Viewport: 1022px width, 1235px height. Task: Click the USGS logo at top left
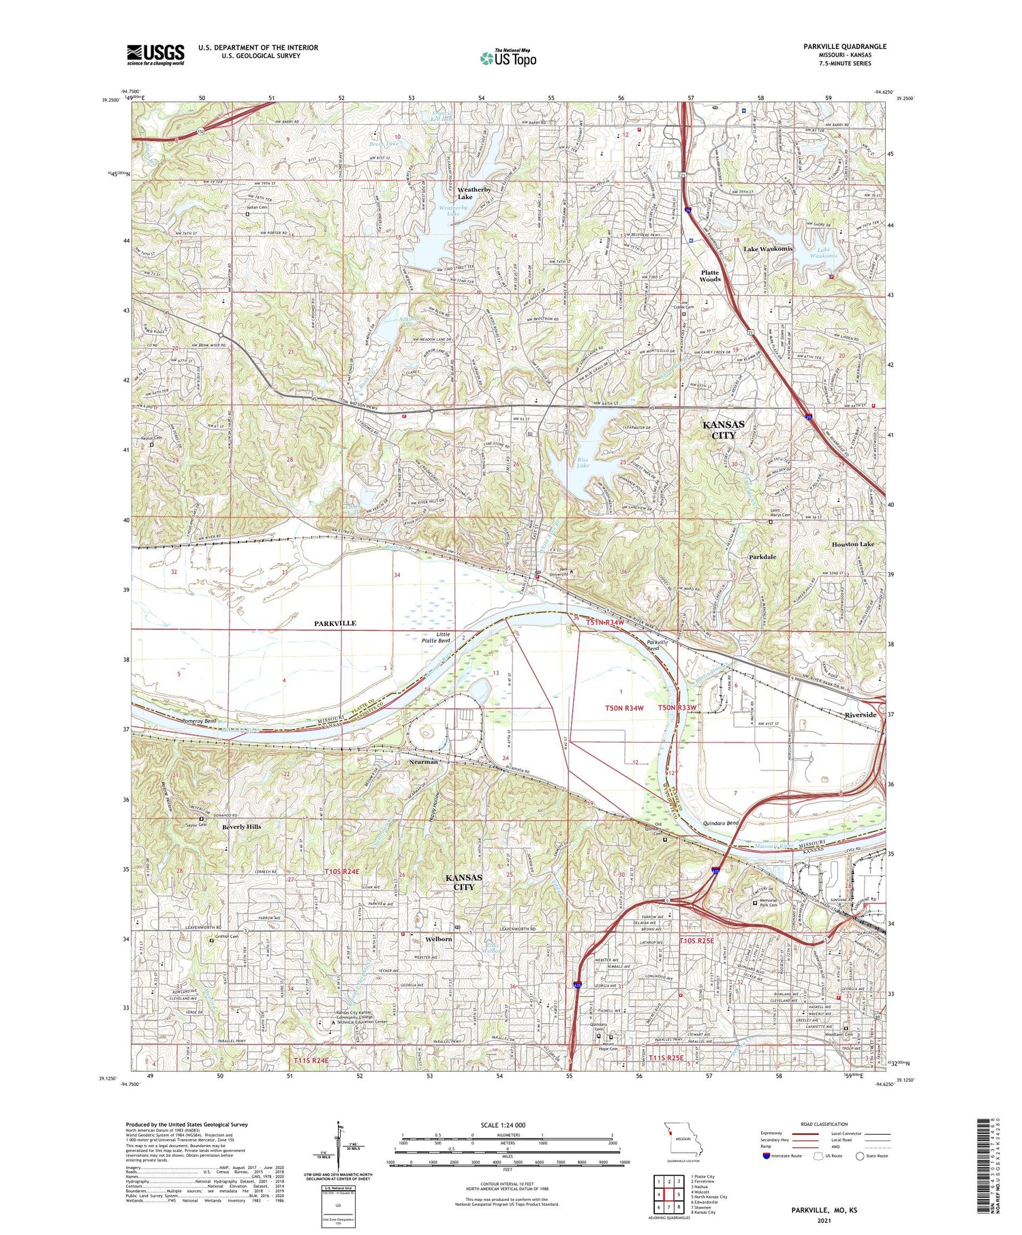pyautogui.click(x=155, y=54)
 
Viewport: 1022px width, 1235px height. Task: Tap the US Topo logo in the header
pyautogui.click(x=508, y=58)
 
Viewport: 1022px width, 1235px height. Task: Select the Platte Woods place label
pyautogui.click(x=710, y=275)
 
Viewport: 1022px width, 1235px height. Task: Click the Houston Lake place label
pyautogui.click(x=852, y=544)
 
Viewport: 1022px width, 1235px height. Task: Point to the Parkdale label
pyautogui.click(x=762, y=557)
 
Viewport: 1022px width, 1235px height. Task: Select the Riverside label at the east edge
pyautogui.click(x=860, y=715)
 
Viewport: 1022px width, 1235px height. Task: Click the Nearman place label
pyautogui.click(x=423, y=762)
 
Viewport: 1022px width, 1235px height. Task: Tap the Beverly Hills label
pyautogui.click(x=241, y=826)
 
